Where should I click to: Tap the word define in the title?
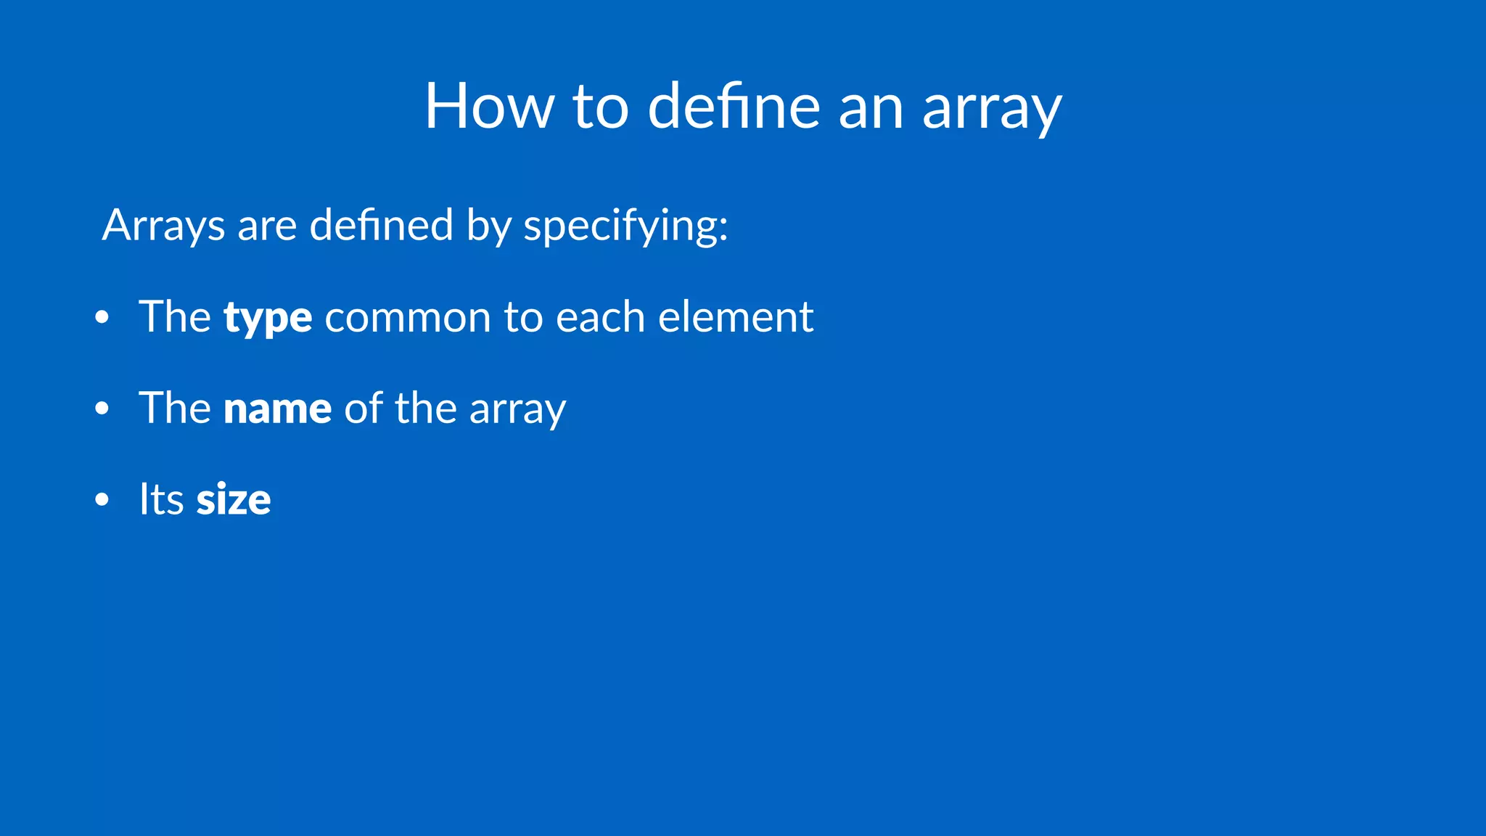734,107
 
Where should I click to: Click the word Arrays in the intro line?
163,225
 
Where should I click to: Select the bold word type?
268,318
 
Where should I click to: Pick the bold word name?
277,409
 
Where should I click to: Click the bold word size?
233,500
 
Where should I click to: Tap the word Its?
161,500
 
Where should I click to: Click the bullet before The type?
102,318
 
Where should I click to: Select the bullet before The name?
102,409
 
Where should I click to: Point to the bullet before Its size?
102,500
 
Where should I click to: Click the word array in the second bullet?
517,410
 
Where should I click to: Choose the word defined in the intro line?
381,225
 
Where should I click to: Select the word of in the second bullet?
363,408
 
